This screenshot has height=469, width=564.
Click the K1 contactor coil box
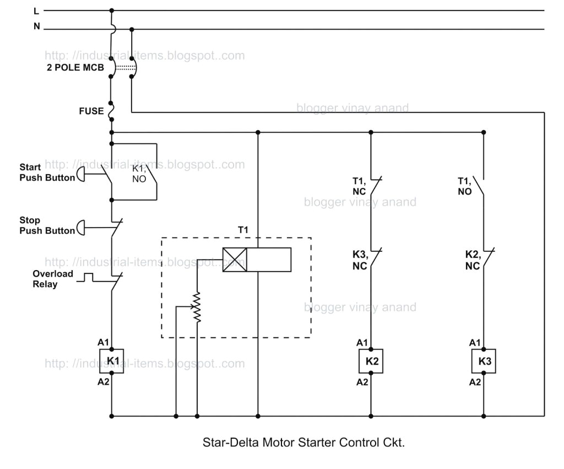pos(112,361)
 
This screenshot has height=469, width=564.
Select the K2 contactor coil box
pos(371,362)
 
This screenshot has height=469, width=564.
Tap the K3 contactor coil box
pos(484,362)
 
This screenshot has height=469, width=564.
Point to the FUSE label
pos(91,111)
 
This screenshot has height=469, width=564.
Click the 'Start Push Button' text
pos(47,172)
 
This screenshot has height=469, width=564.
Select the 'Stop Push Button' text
pos(47,225)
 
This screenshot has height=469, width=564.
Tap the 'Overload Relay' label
pos(52,279)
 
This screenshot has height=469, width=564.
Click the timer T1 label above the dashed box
pos(243,229)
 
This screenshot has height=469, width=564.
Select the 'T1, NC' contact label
pos(359,186)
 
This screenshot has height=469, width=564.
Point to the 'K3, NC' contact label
pos(359,260)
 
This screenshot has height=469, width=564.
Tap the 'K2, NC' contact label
pos(472,260)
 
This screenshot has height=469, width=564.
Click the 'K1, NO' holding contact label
pos(139,174)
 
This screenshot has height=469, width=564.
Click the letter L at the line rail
pos(36,10)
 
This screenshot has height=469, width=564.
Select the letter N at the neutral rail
pos(37,25)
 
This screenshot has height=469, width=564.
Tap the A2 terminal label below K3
pos(474,382)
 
